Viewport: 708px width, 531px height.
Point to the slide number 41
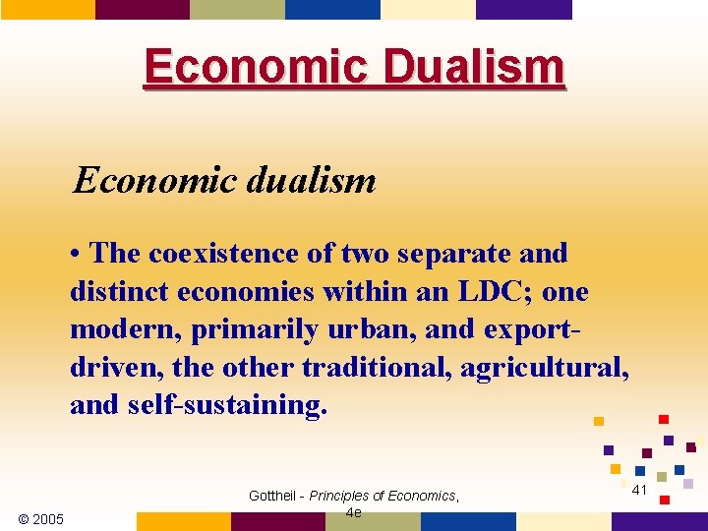[x=639, y=490]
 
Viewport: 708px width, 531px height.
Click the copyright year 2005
[x=41, y=519]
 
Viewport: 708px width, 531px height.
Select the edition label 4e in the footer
[x=354, y=512]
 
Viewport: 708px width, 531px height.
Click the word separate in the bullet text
[x=437, y=253]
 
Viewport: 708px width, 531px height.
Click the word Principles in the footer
[x=344, y=497]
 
